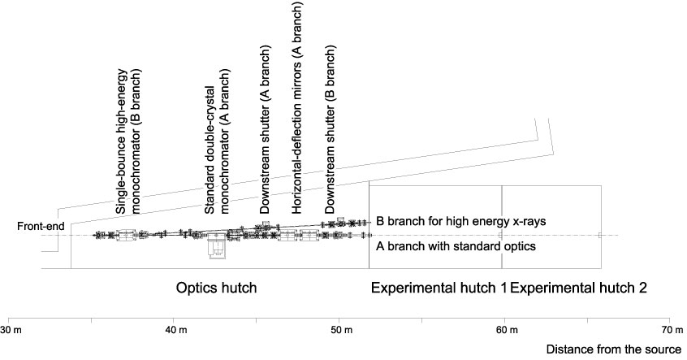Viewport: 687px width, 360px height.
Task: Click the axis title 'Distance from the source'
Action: pyautogui.click(x=613, y=350)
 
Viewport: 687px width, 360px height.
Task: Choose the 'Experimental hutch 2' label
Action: pyautogui.click(x=578, y=288)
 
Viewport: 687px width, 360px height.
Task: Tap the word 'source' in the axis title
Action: pyautogui.click(x=663, y=350)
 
